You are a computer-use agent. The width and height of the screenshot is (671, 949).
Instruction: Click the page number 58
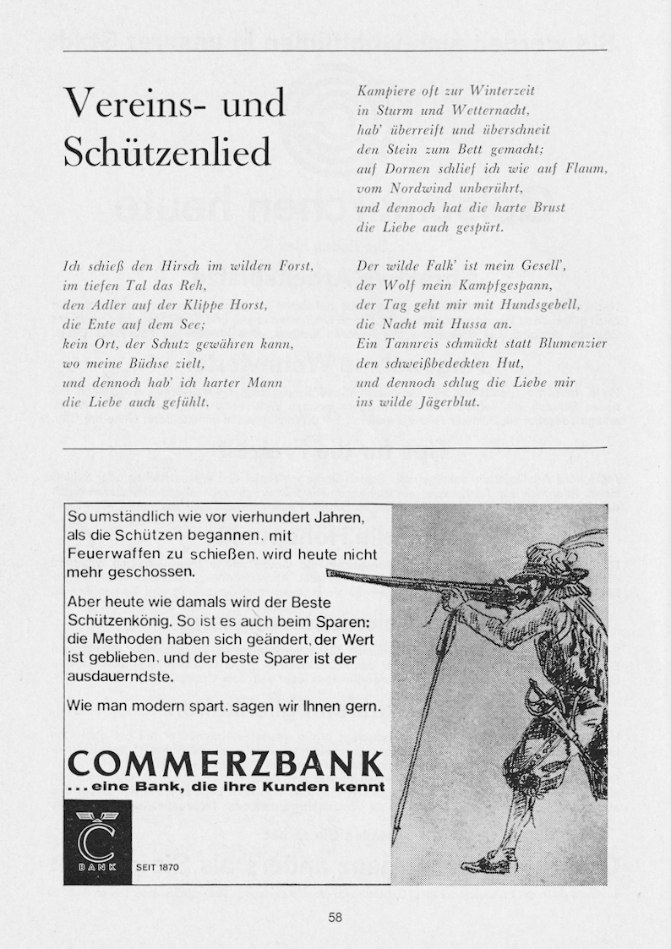tap(335, 918)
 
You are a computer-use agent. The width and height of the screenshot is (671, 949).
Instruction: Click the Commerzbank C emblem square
tap(97, 842)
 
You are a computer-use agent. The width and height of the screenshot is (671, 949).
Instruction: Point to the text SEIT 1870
tap(157, 867)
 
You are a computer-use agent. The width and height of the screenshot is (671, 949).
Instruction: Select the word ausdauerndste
tap(121, 677)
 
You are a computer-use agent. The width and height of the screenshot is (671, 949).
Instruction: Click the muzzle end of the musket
tap(330, 573)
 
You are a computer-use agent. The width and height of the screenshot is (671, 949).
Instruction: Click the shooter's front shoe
tap(489, 864)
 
